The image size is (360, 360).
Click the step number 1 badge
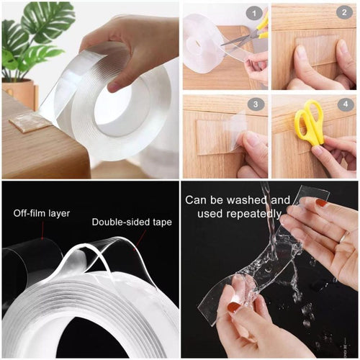click(x=254, y=12)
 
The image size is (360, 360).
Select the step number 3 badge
click(x=254, y=104)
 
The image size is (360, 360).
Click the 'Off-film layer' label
click(x=42, y=214)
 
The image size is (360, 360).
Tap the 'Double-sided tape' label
click(x=131, y=222)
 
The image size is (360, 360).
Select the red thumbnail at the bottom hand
click(x=234, y=307)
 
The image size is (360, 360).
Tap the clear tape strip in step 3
click(x=219, y=136)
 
